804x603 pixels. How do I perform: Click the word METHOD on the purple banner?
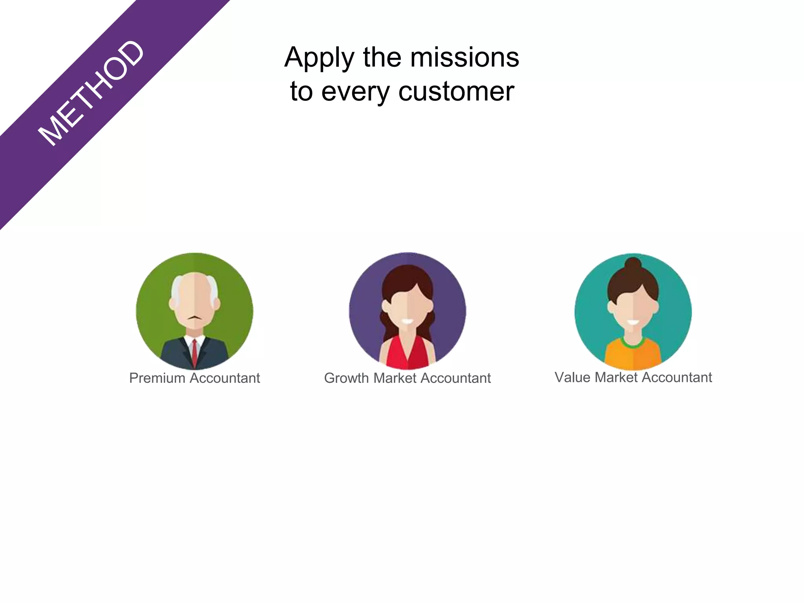point(91,93)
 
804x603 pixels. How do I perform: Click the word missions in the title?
point(464,57)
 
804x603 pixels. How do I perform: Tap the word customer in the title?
point(456,91)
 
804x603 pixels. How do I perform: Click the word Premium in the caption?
point(157,378)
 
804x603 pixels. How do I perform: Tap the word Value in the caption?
point(572,377)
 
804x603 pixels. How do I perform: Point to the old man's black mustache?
point(195,317)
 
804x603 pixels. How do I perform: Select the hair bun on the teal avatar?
point(633,264)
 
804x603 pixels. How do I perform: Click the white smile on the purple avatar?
point(407,322)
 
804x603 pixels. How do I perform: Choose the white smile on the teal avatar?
point(633,323)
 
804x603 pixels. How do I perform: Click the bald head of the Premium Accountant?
point(195,285)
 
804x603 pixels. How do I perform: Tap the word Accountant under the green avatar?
point(225,378)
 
